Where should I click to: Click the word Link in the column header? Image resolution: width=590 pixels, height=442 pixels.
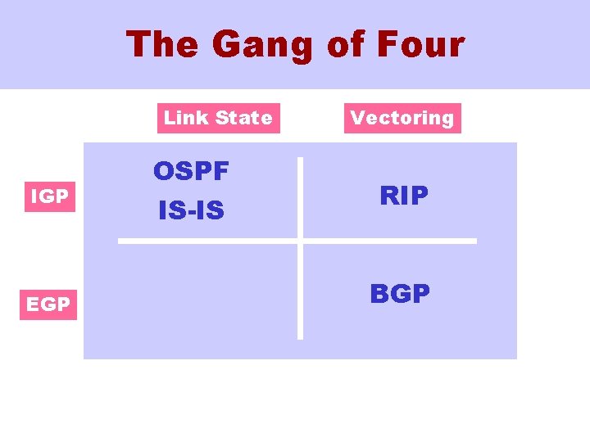point(185,118)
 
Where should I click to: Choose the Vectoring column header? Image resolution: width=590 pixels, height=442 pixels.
point(402,118)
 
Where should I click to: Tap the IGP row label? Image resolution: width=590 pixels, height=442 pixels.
point(49,197)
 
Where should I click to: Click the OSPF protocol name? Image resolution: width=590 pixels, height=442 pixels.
point(191,172)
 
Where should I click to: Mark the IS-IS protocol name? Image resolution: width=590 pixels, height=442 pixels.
point(191,211)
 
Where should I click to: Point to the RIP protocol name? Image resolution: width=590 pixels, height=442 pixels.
point(404,196)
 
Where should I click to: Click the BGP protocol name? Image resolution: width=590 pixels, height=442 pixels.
point(400,294)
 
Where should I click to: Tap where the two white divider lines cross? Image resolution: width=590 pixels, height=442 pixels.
point(300,241)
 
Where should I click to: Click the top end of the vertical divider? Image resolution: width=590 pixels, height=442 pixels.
point(300,160)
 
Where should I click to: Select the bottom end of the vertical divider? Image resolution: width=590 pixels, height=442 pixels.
point(300,336)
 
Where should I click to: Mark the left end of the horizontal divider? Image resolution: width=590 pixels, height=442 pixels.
point(120,241)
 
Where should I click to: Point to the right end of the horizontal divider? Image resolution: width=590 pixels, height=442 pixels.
point(474,241)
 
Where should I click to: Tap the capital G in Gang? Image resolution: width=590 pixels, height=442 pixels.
point(227,44)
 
